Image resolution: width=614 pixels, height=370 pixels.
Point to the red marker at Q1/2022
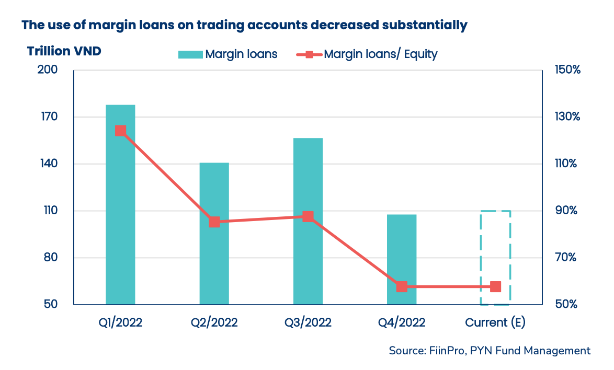coord(120,131)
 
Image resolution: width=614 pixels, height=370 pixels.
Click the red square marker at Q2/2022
coord(214,222)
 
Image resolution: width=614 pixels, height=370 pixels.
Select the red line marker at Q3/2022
coord(308,216)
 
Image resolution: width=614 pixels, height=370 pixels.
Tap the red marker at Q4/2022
coord(402,286)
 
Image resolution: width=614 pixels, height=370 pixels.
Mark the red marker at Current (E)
coord(495,286)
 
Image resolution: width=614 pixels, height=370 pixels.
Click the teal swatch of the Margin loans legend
coord(189,54)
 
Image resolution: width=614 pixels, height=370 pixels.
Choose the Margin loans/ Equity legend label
coord(380,54)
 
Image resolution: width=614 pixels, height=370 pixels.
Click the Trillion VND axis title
coord(64,51)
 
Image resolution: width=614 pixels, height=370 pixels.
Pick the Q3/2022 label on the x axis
coord(308,322)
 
